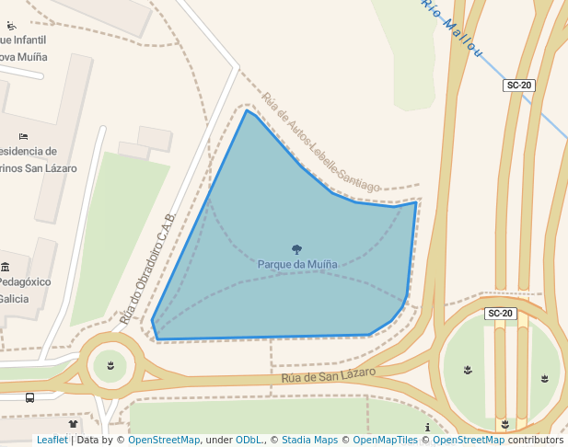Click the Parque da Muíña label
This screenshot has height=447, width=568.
pos(296,265)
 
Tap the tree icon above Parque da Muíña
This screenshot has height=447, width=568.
pos(296,249)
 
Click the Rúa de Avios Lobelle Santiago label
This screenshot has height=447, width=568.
pos(319,143)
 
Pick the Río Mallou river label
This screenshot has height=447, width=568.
pos(452,27)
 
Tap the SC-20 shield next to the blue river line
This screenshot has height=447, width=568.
pos(519,86)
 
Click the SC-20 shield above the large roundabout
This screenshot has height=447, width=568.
pos(501,314)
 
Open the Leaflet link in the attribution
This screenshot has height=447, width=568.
pos(52,441)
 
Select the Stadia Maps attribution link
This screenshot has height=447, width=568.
pos(309,441)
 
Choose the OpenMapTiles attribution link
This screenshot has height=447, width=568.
pos(382,441)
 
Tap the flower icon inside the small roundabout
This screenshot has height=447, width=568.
pos(110,366)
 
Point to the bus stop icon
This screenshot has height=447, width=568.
pos(29,398)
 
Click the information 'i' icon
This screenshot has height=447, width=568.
pos(427,429)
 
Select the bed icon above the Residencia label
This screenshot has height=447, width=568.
pos(22,137)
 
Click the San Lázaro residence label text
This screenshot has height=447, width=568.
pos(37,168)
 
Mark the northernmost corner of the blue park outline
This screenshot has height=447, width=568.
pos(246,110)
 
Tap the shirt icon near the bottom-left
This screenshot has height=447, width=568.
pos(74,424)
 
